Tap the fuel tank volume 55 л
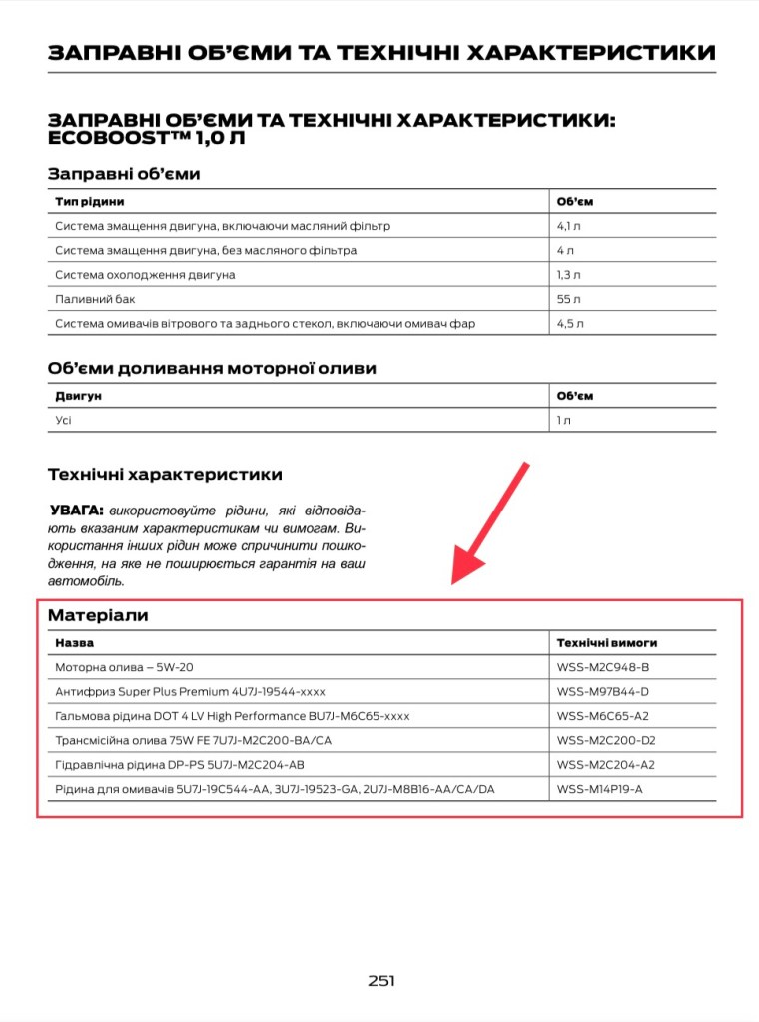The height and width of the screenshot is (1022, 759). tap(569, 299)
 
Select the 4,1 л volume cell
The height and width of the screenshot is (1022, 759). tap(570, 226)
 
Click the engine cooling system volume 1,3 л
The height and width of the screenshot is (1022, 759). tap(569, 275)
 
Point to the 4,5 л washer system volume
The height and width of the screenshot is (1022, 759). tap(570, 324)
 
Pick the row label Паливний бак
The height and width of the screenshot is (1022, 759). tap(95, 299)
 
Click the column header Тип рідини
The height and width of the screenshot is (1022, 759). tap(90, 202)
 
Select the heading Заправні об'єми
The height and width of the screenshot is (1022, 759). tap(124, 174)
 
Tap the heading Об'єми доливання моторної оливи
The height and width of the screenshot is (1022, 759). tap(212, 368)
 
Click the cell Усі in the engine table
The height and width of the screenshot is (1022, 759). tap(64, 420)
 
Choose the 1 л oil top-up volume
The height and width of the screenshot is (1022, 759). tap(564, 420)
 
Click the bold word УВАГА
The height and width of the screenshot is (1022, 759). tap(76, 509)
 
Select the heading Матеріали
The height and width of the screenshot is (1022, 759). tap(98, 616)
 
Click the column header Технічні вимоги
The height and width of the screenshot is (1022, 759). tap(607, 643)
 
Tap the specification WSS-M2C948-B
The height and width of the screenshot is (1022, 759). tap(603, 667)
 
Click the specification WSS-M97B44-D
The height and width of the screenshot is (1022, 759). tap(603, 691)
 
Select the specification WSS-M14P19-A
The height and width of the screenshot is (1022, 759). tap(600, 789)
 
